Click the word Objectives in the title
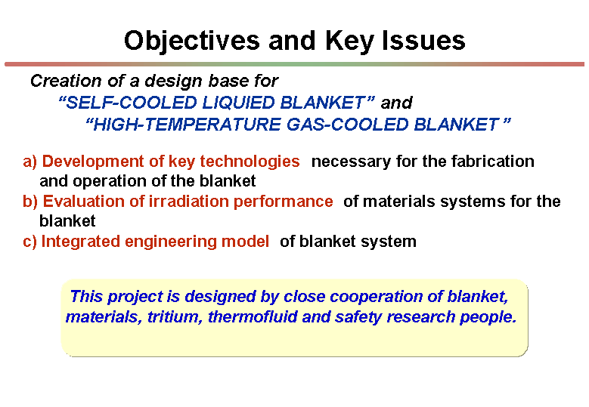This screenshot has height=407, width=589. click(191, 42)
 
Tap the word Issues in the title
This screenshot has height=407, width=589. click(423, 41)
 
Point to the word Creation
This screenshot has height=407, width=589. click(66, 81)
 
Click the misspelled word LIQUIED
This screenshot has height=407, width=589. click(238, 103)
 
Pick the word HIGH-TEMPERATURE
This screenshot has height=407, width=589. click(183, 124)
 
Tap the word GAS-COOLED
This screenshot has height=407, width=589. click(348, 124)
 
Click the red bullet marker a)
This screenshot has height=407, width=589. click(30, 162)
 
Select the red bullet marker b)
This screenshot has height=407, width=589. click(30, 202)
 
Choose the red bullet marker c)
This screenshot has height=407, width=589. click(29, 242)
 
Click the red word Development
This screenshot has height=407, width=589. click(93, 162)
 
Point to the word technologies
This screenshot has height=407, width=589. click(250, 162)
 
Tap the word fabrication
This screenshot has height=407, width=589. click(493, 162)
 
